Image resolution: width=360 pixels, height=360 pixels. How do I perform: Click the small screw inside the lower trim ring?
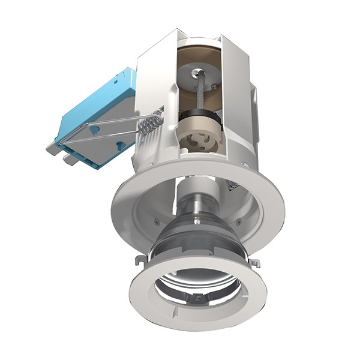pos(197,298)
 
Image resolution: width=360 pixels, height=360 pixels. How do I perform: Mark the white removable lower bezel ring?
pos(150,300)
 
